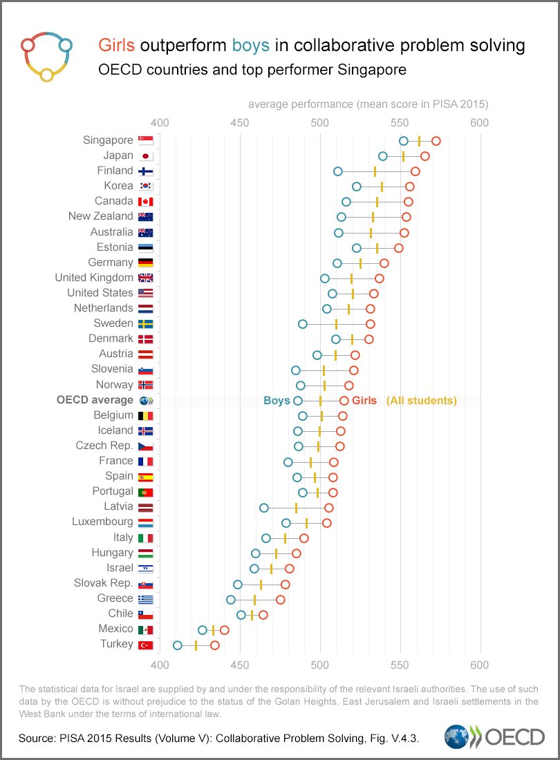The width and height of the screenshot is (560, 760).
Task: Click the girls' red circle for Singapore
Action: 436,141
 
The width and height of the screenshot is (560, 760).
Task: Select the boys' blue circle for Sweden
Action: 303,324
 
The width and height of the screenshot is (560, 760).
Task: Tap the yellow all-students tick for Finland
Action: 375,171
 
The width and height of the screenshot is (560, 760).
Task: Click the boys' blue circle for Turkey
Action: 178,645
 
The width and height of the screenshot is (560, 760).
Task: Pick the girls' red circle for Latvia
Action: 329,508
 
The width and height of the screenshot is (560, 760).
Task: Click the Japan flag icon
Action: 146,155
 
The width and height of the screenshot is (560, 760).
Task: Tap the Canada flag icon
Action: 146,202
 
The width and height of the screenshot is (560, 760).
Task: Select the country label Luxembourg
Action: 102,522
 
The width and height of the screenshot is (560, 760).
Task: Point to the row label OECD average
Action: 95,400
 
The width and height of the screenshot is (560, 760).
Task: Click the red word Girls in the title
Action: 117,46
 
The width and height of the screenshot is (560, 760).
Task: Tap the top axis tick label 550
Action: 400,122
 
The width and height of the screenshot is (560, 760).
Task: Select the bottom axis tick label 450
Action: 240,665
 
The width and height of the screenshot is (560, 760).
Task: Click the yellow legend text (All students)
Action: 421,401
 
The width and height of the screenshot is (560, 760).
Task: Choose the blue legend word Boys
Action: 277,401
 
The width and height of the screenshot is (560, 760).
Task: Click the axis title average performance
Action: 368,104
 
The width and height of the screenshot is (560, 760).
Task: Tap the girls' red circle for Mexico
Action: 224,630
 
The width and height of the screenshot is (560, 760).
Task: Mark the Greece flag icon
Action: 146,599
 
